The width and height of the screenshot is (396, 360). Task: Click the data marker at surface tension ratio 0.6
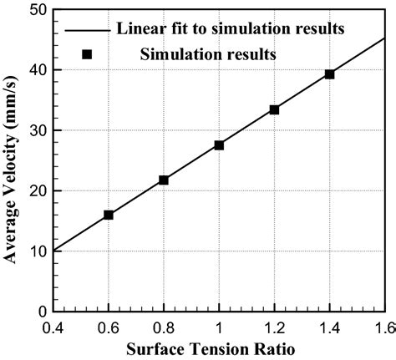tap(109, 215)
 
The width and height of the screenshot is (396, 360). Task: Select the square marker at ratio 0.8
tap(164, 180)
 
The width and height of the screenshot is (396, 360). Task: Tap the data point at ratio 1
tap(219, 145)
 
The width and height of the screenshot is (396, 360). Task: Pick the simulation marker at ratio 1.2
tap(274, 109)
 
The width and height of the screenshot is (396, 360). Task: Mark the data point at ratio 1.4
tap(329, 74)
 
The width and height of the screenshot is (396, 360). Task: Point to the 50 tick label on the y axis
tap(36, 10)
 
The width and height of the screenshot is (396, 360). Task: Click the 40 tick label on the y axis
tap(36, 70)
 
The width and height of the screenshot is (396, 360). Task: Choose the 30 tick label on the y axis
tap(36, 130)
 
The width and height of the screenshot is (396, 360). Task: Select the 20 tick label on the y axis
tap(36, 190)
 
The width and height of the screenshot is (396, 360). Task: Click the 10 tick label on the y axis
tap(36, 251)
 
